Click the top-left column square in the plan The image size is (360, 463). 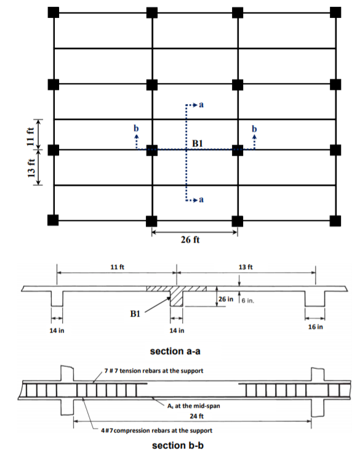[54, 12]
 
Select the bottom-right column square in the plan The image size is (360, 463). [335, 220]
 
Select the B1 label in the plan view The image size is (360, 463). [198, 143]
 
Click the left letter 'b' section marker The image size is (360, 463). [136, 128]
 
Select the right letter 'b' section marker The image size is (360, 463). [254, 128]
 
